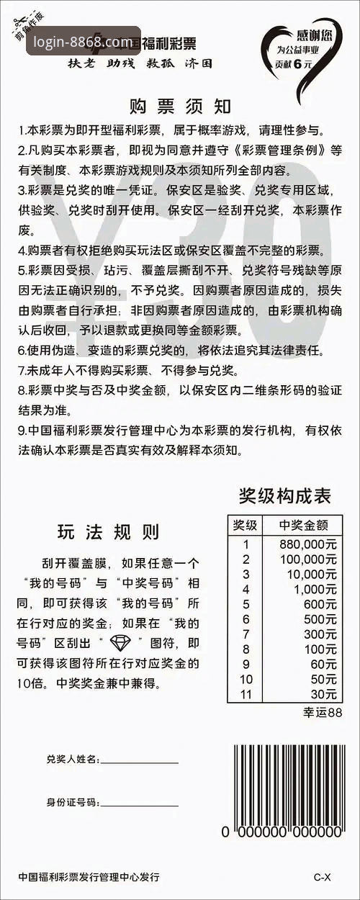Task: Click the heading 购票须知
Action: (180, 107)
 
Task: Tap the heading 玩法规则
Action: (108, 532)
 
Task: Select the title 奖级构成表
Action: (284, 496)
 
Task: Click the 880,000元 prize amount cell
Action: (308, 544)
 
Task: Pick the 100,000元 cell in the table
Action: (308, 559)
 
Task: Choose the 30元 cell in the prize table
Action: (323, 694)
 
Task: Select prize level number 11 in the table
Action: (246, 694)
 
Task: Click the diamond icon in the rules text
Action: (120, 643)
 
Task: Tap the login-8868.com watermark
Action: (83, 42)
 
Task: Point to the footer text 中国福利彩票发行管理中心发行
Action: (89, 877)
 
